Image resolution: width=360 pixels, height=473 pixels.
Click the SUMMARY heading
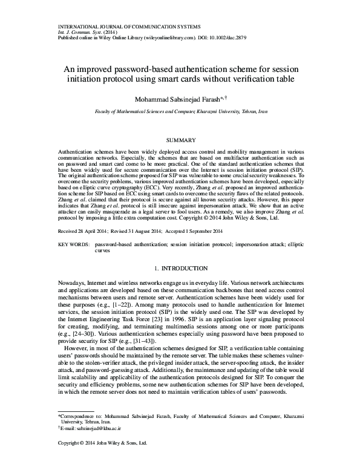(180, 140)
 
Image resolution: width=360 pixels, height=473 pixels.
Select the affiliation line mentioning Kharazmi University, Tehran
(180, 113)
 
